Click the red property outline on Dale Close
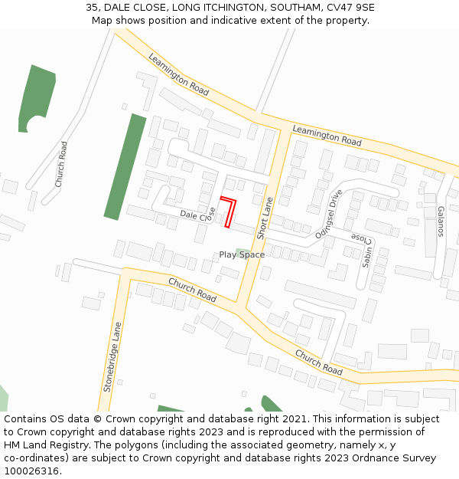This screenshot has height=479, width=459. point(229,212)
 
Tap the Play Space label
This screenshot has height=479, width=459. point(242,254)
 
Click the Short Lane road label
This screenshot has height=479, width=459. point(265,217)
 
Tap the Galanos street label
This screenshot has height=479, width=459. point(441,221)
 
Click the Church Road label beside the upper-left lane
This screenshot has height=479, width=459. point(60,164)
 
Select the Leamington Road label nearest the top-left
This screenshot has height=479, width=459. point(178,74)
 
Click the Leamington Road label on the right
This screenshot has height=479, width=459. point(327,136)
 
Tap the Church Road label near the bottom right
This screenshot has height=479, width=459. point(318,363)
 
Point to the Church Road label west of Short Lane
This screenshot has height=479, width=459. point(192,290)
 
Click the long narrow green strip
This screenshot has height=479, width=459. point(125,167)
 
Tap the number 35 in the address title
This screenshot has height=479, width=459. point(92,7)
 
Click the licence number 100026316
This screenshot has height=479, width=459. point(32,471)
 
